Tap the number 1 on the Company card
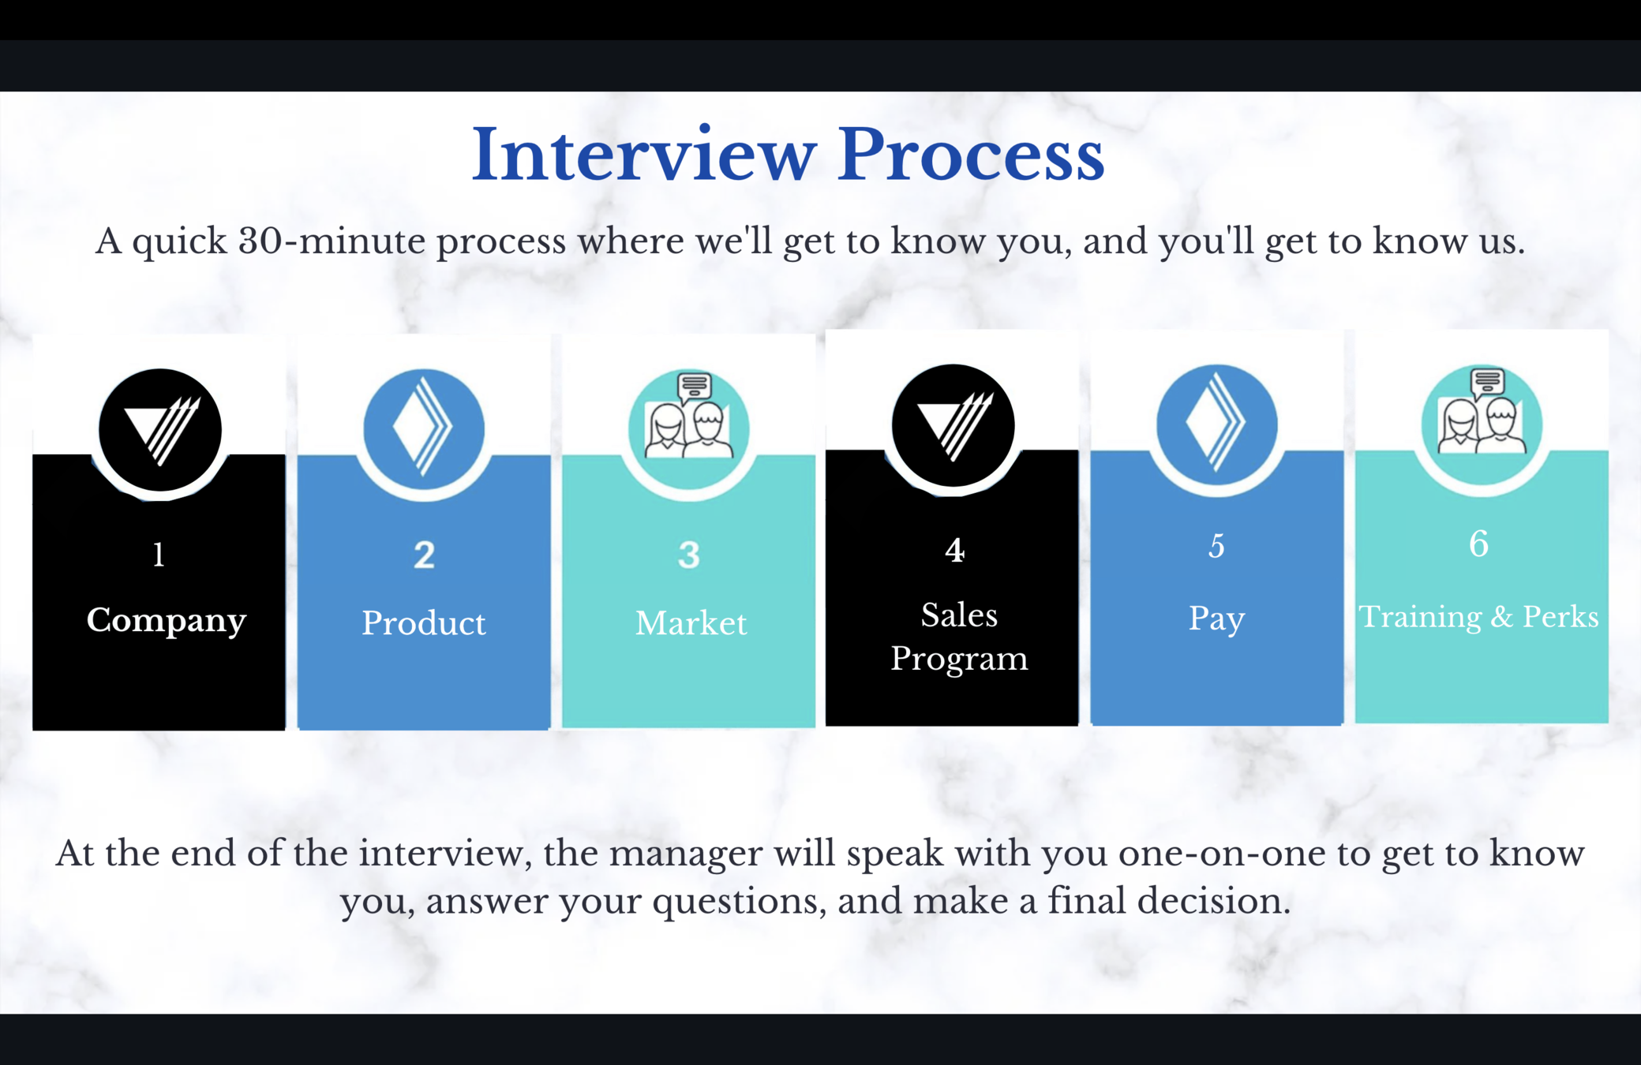tap(159, 555)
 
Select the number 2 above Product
tap(424, 555)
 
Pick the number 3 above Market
tap(688, 555)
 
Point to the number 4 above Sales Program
tap(954, 550)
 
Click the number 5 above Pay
tap(1216, 546)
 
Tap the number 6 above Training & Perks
tap(1478, 544)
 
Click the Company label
tap(166, 620)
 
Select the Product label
tap(424, 623)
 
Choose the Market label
tap(691, 623)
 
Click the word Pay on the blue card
tap(1216, 618)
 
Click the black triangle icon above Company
tap(160, 430)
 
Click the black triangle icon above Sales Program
tap(954, 425)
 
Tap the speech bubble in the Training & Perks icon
tap(1487, 381)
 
